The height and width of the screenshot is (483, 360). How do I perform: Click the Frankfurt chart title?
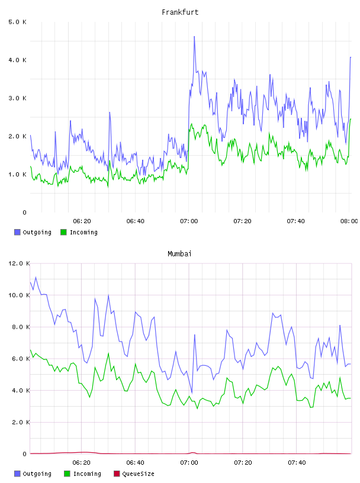(x=180, y=12)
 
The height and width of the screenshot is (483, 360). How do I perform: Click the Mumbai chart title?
(x=179, y=254)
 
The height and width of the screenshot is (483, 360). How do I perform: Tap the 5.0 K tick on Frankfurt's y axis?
(x=17, y=22)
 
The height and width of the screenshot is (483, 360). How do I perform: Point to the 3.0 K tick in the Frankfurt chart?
(x=17, y=98)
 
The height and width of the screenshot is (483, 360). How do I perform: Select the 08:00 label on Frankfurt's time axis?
(x=349, y=221)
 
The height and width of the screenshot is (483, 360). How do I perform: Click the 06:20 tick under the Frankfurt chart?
(x=82, y=221)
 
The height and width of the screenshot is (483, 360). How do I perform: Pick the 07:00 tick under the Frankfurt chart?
(x=189, y=221)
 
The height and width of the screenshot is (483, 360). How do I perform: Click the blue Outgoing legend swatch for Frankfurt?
(x=17, y=232)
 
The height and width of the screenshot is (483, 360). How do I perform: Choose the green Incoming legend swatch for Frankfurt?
(x=63, y=232)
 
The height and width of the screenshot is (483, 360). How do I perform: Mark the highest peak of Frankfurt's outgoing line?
(x=194, y=36)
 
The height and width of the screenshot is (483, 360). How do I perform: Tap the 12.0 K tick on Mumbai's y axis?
(x=19, y=263)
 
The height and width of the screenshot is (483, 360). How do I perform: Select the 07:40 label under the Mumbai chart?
(x=297, y=462)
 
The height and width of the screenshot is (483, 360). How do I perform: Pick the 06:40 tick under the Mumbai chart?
(x=136, y=462)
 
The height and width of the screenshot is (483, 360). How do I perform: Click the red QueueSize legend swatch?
(x=117, y=474)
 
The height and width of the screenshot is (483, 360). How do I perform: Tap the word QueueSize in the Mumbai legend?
(x=138, y=474)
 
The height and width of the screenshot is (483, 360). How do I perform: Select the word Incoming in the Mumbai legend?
(x=87, y=474)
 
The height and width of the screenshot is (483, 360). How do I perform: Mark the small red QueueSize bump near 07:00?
(x=193, y=452)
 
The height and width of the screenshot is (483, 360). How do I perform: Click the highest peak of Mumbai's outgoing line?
(x=36, y=277)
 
